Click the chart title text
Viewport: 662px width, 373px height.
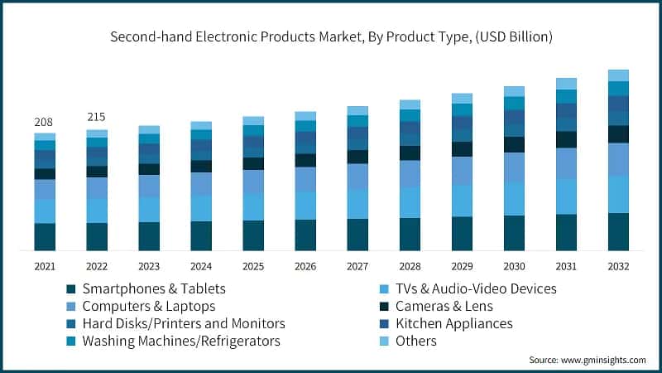(331, 37)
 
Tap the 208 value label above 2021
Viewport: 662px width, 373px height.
(44, 122)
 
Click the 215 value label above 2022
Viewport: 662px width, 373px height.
(96, 117)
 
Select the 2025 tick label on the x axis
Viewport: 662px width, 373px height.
(253, 266)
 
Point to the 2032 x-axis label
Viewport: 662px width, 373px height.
(618, 266)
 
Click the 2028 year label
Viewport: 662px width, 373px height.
(410, 266)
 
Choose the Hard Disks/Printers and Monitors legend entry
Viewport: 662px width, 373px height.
(183, 323)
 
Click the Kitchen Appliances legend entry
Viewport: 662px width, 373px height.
(452, 323)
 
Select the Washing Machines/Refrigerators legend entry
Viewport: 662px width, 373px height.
(180, 341)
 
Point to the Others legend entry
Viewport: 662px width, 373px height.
(415, 341)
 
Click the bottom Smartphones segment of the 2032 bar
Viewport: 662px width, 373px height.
(618, 231)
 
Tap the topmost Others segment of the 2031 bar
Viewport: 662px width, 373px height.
(566, 84)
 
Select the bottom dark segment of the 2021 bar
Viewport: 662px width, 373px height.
(45, 236)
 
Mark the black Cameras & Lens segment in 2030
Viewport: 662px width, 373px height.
(514, 144)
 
